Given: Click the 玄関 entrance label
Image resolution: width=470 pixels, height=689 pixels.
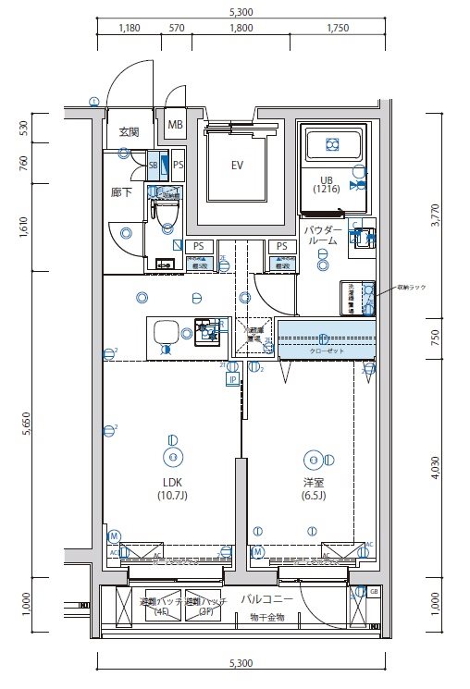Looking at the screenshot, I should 129,132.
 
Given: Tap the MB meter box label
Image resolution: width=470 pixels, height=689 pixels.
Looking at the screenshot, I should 175,125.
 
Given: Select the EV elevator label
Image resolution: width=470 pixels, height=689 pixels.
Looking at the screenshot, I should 237,166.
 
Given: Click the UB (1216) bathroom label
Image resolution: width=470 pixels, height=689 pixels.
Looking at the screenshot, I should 326,184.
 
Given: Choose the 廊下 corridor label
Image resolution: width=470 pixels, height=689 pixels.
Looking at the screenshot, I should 122,193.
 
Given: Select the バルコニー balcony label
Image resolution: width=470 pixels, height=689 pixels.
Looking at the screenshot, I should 268,599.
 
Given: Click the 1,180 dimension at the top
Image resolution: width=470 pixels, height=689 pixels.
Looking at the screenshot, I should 129,29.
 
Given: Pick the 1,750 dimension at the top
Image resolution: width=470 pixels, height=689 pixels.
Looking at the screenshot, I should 338,29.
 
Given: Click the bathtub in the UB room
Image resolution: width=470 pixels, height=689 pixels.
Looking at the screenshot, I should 333,144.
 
